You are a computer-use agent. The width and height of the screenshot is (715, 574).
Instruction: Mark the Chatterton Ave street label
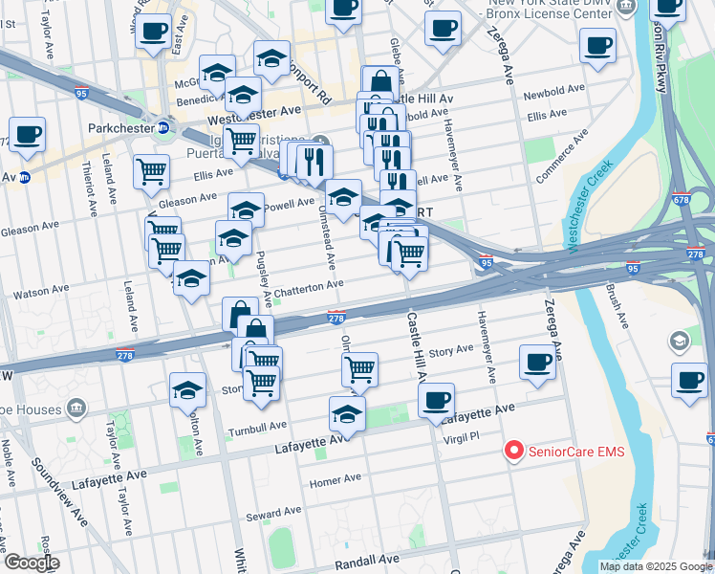coord(309,286)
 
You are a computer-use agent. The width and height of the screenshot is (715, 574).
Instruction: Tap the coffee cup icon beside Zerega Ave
coord(538,363)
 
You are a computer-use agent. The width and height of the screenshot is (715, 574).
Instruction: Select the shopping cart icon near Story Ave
coord(359,369)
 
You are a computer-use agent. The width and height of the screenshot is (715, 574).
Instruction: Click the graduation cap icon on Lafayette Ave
coord(347,414)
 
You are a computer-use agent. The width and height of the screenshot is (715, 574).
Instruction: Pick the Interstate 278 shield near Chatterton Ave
coord(336,318)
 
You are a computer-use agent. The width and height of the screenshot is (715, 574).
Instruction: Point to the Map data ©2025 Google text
coord(655,566)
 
